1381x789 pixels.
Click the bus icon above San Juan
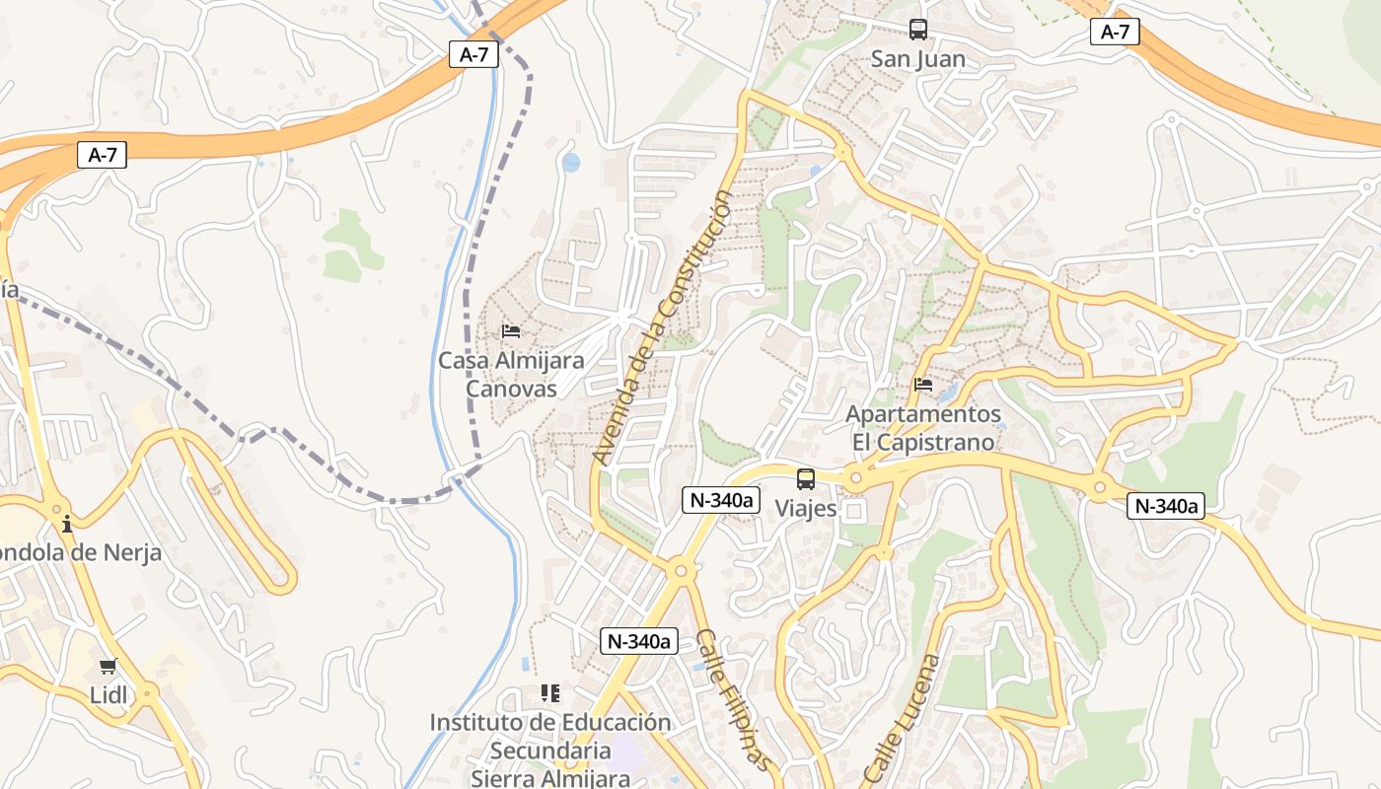click(x=918, y=30)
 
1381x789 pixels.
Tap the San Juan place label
click(x=918, y=59)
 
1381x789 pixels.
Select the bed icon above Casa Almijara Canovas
click(x=511, y=330)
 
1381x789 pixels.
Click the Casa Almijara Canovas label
click(x=511, y=375)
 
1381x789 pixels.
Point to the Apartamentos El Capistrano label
click(x=923, y=428)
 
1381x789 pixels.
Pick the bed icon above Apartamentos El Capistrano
click(x=923, y=384)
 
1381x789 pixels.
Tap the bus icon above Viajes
click(x=806, y=479)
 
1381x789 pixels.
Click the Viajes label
click(x=806, y=509)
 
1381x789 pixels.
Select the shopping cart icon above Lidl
click(x=109, y=667)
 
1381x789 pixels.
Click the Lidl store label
click(x=109, y=695)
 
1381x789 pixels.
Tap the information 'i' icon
click(x=66, y=523)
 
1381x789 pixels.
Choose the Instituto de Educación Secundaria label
click(x=550, y=750)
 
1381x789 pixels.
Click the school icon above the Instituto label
click(x=550, y=693)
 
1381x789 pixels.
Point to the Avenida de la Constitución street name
click(x=663, y=328)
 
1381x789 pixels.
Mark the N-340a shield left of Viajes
click(x=722, y=500)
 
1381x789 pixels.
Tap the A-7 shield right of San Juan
click(x=1115, y=32)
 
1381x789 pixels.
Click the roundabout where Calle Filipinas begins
click(x=679, y=569)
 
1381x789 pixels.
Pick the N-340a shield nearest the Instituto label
click(x=639, y=641)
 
